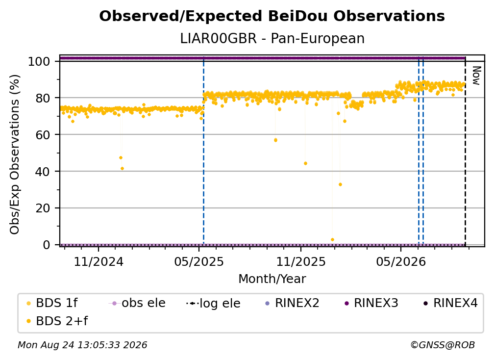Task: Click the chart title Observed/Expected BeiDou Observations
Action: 272,16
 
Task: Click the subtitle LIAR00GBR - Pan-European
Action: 272,38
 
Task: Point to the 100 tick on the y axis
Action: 39,61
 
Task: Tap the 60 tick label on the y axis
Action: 43,134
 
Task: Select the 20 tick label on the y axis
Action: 43,208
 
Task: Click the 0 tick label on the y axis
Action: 47,245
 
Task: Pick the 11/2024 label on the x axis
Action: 99,261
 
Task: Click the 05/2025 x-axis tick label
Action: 199,261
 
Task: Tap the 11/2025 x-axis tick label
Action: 301,261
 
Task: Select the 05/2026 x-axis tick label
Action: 401,261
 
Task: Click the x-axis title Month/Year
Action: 272,279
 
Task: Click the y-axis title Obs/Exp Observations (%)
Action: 15,154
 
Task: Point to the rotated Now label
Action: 476,76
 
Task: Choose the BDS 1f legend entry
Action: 52,303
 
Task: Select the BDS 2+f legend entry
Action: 57,321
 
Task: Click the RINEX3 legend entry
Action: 371,303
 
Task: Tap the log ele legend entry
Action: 214,303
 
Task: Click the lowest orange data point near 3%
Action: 332,239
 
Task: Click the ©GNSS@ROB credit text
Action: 443,345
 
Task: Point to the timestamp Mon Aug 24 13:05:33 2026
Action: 82,345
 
